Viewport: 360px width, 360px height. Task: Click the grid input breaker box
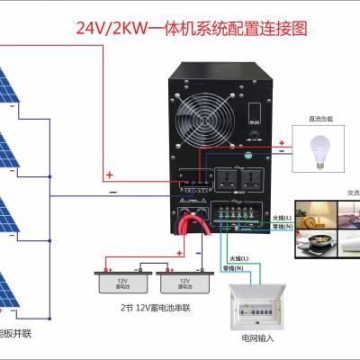click(253, 311)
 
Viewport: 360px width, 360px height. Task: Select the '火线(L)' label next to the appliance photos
click(279, 215)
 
